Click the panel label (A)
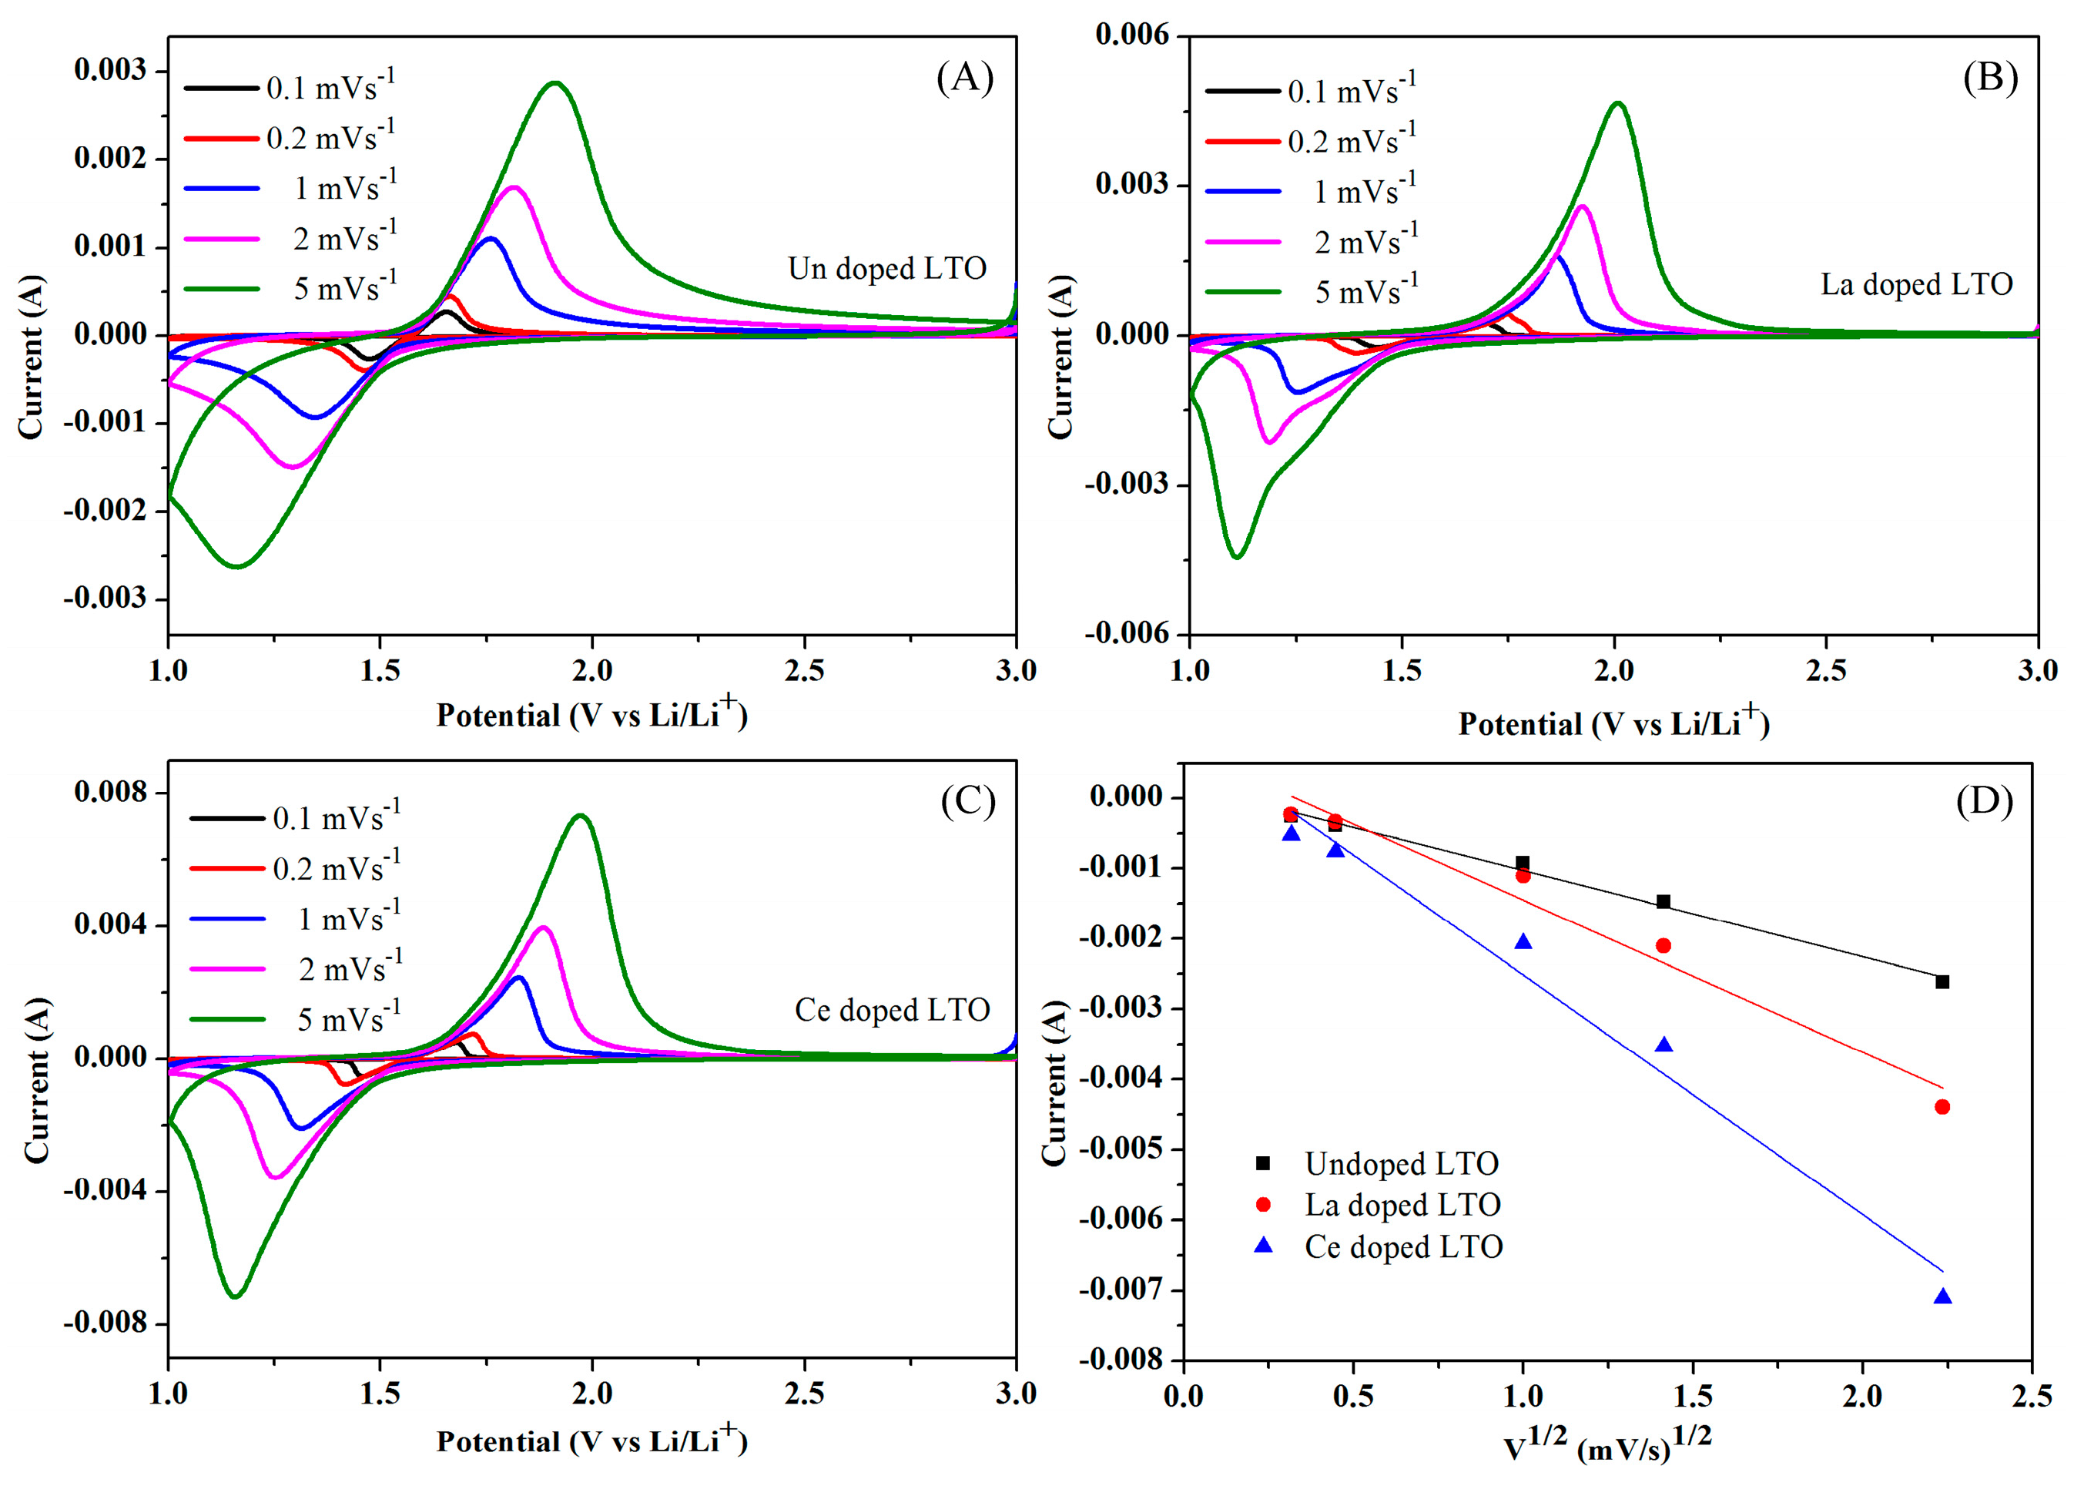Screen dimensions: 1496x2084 [964, 77]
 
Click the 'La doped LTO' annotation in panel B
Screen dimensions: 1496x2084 [1916, 284]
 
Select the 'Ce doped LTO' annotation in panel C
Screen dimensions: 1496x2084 [891, 1010]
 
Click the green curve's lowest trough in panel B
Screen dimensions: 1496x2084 [1237, 557]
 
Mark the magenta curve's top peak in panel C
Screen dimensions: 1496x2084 [543, 927]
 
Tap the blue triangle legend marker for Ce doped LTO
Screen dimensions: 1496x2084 [1264, 1246]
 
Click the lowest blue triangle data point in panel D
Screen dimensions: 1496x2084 [1942, 1296]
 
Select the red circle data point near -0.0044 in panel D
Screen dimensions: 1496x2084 [1942, 1106]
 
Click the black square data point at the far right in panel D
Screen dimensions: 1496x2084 [1942, 981]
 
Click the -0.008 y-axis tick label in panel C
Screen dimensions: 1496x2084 [105, 1323]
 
